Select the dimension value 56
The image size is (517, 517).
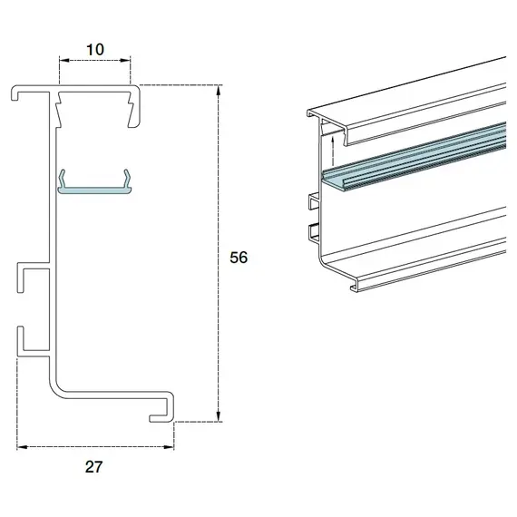click(x=239, y=258)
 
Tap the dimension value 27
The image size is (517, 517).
click(x=95, y=467)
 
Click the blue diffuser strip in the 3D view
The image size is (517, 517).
click(x=417, y=158)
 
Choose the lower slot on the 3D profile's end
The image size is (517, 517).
click(x=313, y=229)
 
